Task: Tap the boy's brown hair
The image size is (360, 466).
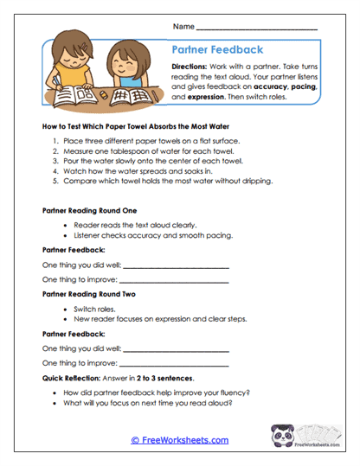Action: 69,47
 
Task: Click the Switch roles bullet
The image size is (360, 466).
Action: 97,308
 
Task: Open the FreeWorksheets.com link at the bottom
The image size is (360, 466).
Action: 179,440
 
